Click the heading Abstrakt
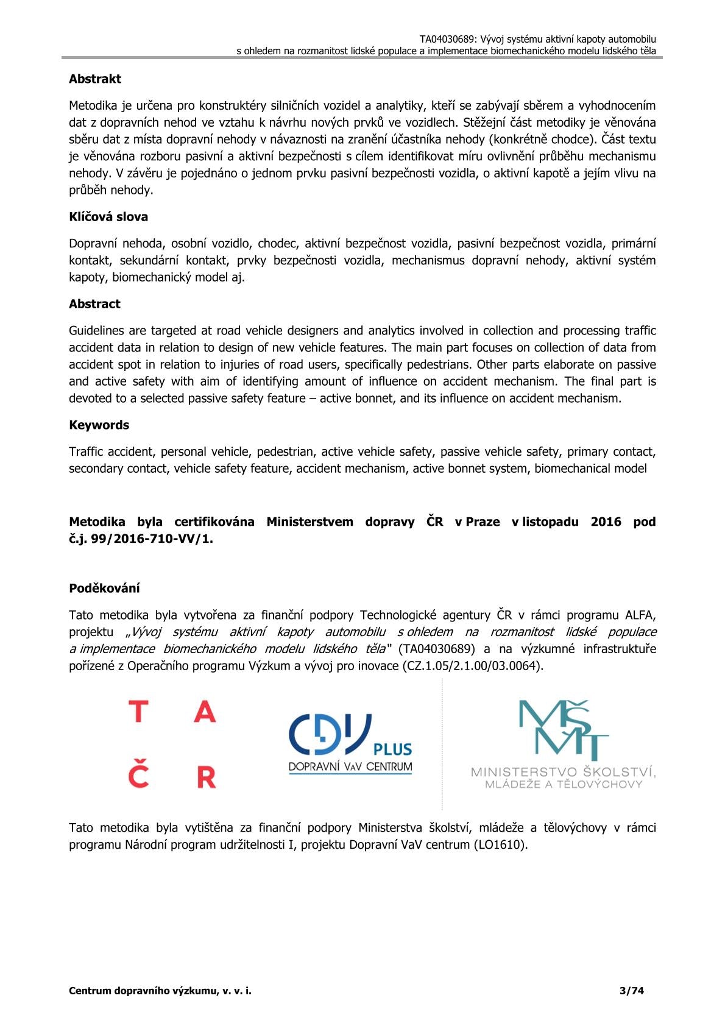pyautogui.click(x=95, y=79)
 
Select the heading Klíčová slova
pyautogui.click(x=108, y=217)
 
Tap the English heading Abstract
pyautogui.click(x=94, y=304)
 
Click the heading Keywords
pyautogui.click(x=99, y=425)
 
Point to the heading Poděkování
pyautogui.click(x=104, y=589)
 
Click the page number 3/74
pyautogui.click(x=631, y=991)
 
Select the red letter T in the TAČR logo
pyautogui.click(x=139, y=712)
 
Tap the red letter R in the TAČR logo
pyautogui.click(x=207, y=777)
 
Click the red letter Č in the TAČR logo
pyautogui.click(x=139, y=774)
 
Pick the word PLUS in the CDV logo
pyautogui.click(x=392, y=749)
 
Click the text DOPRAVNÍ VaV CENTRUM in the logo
pyautogui.click(x=350, y=767)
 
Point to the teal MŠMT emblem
pyautogui.click(x=563, y=731)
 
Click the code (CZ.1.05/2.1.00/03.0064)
pyautogui.click(x=472, y=666)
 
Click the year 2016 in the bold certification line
pyautogui.click(x=606, y=522)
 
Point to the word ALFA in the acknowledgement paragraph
pyautogui.click(x=640, y=615)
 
